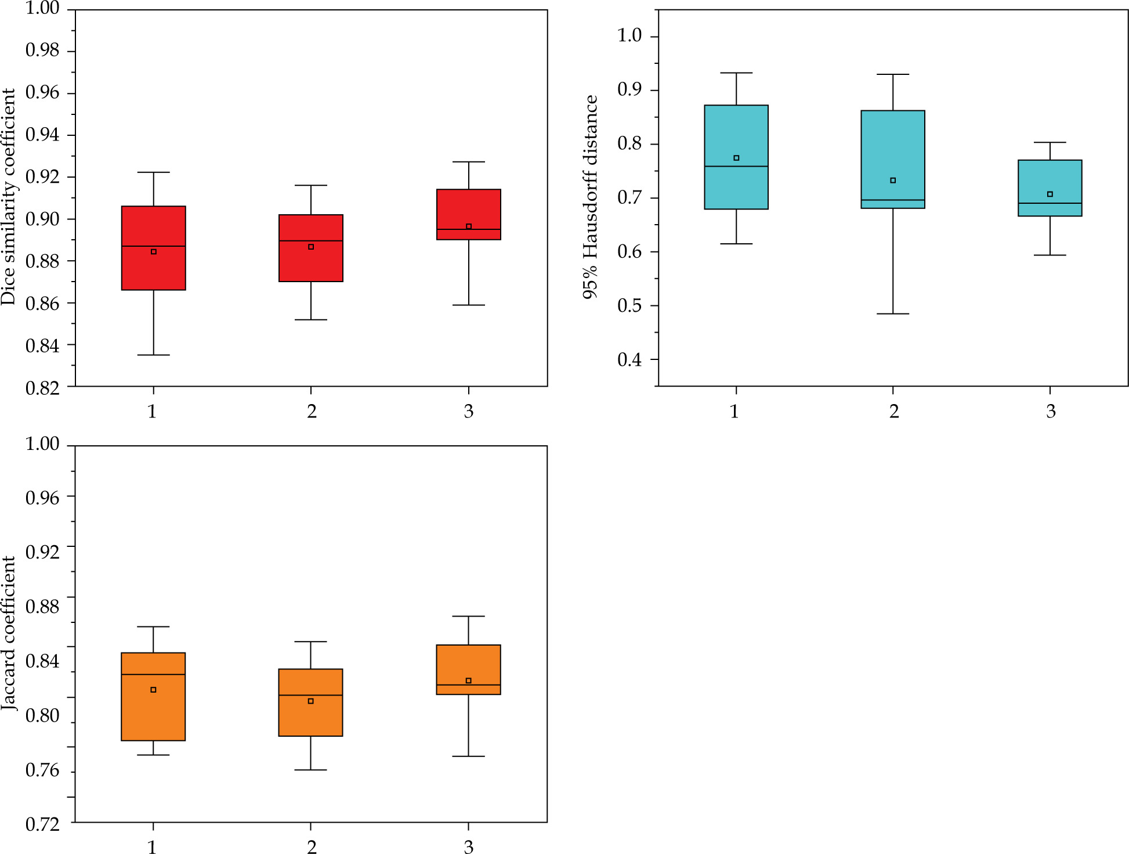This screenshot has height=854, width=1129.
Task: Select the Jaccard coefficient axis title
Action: click(9, 633)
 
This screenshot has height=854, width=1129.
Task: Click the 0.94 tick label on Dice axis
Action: click(42, 135)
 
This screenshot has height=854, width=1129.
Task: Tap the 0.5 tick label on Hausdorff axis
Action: click(629, 305)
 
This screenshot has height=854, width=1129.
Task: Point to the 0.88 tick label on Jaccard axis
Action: click(42, 607)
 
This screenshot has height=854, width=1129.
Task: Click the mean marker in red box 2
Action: click(311, 247)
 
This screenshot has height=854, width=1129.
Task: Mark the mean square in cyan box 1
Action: click(736, 158)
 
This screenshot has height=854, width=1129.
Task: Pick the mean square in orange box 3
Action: click(468, 680)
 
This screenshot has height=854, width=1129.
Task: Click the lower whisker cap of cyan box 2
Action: click(892, 314)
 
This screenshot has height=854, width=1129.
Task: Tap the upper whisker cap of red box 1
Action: click(153, 172)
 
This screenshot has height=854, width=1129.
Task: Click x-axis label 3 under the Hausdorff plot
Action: click(1051, 412)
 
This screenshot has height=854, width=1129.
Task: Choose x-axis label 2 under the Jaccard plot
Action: click(312, 847)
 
